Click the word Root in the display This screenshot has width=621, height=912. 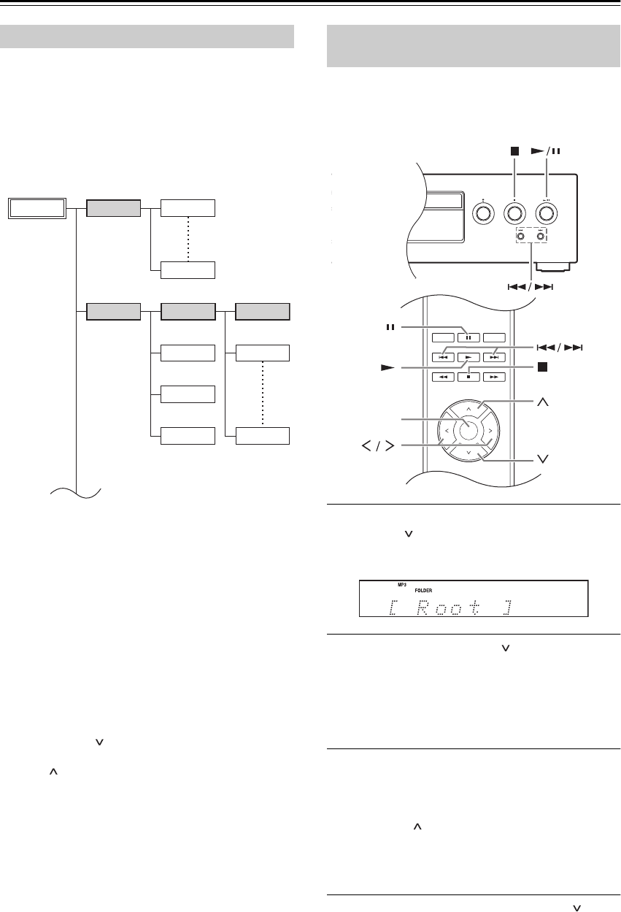click(x=448, y=608)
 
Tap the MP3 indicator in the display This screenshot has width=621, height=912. click(x=402, y=585)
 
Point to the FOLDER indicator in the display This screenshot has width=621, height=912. click(x=423, y=591)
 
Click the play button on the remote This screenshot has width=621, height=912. click(x=468, y=357)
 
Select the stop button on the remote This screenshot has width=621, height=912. click(x=468, y=377)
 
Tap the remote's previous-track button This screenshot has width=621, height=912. click(x=443, y=357)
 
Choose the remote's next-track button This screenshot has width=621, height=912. click(x=494, y=357)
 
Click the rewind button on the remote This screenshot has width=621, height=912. click(x=443, y=377)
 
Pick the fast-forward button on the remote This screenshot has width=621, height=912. click(x=494, y=377)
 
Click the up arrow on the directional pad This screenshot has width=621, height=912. click(x=468, y=409)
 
